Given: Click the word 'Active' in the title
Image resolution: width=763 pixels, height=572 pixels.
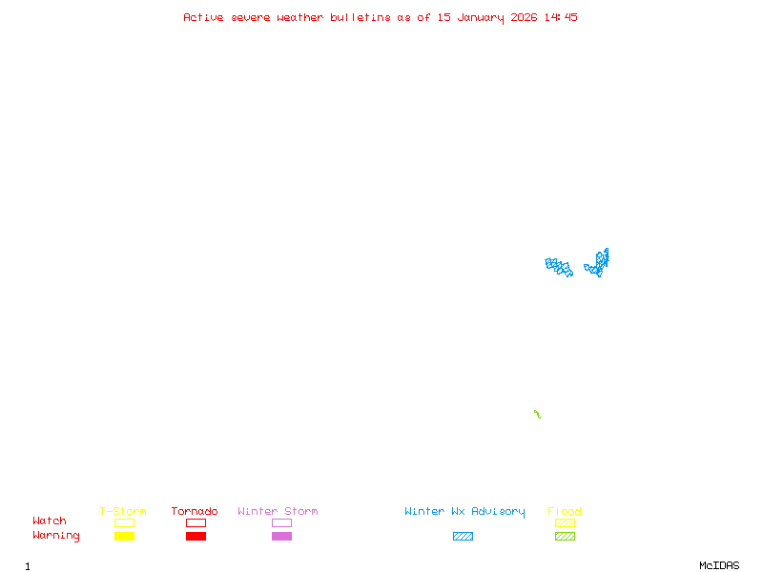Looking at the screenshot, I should coord(204,17).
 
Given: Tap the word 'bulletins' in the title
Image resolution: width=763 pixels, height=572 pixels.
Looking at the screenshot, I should coord(361,17).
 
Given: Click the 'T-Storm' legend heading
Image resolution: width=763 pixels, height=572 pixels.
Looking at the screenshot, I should coord(123,512).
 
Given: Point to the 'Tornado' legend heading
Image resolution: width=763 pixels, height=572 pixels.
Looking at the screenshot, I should coord(195,512).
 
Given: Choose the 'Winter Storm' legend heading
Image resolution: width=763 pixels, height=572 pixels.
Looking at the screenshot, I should coord(278,512).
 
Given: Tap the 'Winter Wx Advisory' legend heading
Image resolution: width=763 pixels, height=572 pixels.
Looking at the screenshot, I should coord(464,512).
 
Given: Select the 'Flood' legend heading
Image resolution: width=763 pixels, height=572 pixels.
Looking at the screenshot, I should coord(565,512).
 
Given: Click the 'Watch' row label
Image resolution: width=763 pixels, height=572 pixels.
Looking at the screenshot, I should coord(50,521).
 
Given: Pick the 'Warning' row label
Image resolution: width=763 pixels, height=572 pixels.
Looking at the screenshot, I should coord(56,536).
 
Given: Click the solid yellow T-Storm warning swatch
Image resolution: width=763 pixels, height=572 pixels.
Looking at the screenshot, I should coord(124,537).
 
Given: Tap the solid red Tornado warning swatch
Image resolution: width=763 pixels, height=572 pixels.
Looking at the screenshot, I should coord(196,537).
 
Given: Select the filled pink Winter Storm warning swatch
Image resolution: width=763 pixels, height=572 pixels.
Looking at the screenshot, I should coord(281,537).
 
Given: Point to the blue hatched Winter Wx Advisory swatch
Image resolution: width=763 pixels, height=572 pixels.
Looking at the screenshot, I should coord(463,537).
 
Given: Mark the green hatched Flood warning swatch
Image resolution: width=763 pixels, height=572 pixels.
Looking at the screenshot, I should coord(565,537).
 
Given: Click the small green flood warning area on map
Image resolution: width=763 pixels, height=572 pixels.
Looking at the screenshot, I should coord(537,414).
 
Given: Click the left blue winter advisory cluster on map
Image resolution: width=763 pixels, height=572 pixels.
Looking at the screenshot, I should coord(559,267).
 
